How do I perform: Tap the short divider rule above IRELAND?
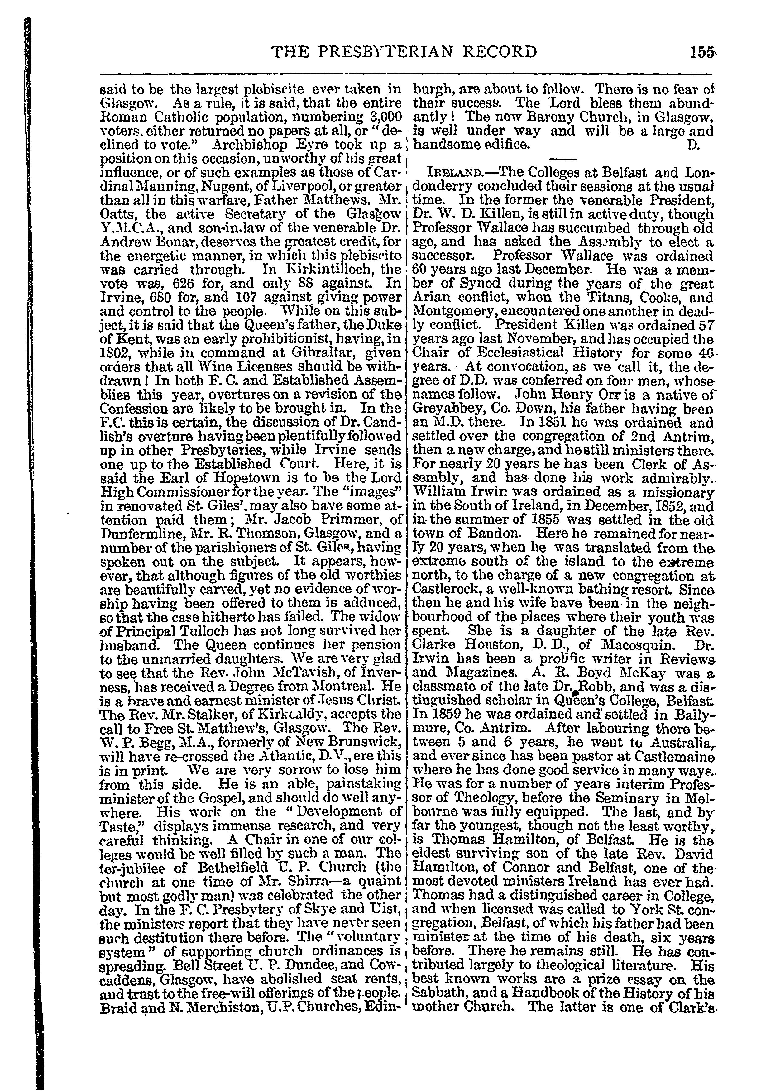coord(563,158)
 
